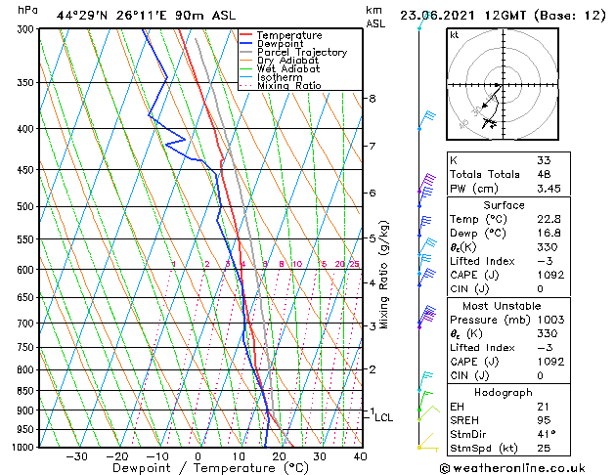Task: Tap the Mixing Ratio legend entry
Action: pos(289,86)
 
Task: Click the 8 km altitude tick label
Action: pos(373,99)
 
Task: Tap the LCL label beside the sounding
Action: pos(384,418)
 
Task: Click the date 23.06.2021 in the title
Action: pos(442,15)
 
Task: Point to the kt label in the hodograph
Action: pos(455,35)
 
